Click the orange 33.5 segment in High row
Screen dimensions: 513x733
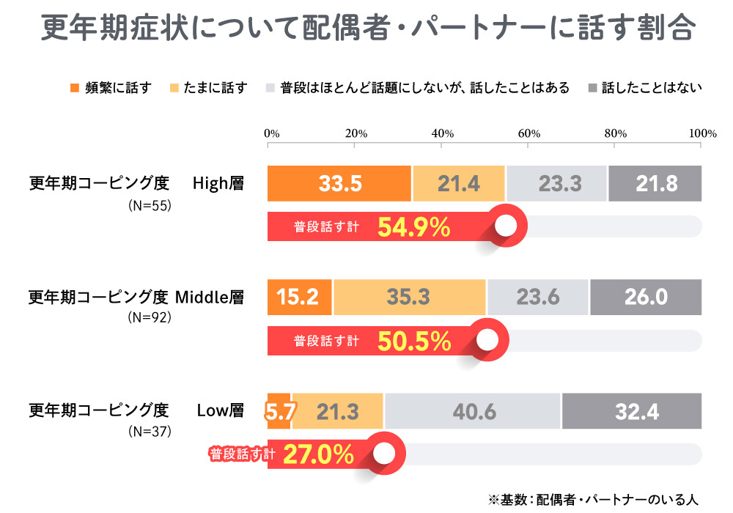point(339,183)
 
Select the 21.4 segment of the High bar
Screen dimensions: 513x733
point(459,183)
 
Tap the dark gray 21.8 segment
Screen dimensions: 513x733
point(655,183)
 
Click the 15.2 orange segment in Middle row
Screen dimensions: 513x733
point(299,297)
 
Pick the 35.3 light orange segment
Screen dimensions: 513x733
point(409,297)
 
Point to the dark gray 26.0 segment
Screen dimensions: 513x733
point(646,297)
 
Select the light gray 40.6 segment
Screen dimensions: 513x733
point(474,411)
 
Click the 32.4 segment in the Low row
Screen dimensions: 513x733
point(632,411)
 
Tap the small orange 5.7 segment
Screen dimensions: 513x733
point(279,411)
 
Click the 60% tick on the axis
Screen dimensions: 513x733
point(528,133)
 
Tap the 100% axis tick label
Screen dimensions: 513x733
point(702,133)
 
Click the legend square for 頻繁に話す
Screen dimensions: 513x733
point(73,88)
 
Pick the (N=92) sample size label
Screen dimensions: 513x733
point(149,318)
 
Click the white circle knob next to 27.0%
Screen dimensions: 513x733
point(383,454)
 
